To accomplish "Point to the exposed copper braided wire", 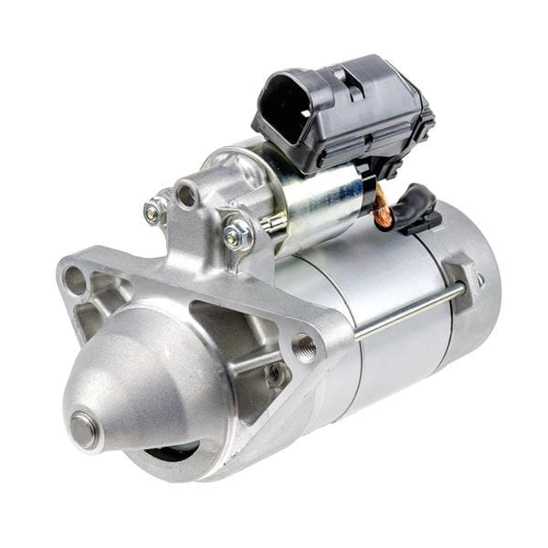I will pyautogui.click(x=382, y=208).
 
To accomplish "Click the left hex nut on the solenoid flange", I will pyautogui.click(x=153, y=213).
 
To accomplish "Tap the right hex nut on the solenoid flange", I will pyautogui.click(x=237, y=235).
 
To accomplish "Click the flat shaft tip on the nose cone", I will pyautogui.click(x=84, y=429).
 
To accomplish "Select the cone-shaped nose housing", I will pyautogui.click(x=137, y=384).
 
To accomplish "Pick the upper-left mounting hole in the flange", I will pyautogui.click(x=76, y=279).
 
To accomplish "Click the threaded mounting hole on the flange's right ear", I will pyautogui.click(x=304, y=346).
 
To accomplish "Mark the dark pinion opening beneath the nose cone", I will pyautogui.click(x=174, y=452).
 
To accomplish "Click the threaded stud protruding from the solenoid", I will pyautogui.click(x=271, y=223).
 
